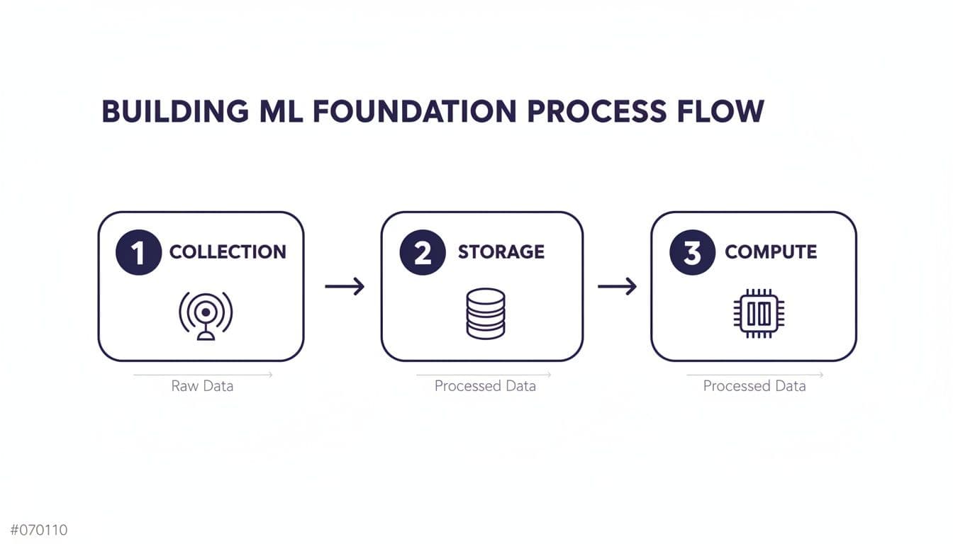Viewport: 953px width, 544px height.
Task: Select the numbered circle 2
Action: (422, 252)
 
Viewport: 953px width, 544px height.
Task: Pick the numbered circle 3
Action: (691, 252)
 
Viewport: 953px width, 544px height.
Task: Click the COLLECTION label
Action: (228, 252)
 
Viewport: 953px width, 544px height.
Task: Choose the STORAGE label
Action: (501, 252)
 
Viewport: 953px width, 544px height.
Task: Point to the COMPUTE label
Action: (771, 252)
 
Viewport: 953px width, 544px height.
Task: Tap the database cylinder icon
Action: (486, 313)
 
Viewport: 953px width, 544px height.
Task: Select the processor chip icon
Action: (759, 313)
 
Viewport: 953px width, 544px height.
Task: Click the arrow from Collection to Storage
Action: (345, 286)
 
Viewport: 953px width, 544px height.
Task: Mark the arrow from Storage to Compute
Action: (617, 286)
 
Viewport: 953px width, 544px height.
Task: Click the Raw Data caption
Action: (202, 386)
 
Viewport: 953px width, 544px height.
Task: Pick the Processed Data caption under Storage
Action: (485, 386)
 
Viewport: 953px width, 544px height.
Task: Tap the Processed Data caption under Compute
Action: (754, 386)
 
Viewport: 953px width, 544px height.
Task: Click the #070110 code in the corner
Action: (39, 530)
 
